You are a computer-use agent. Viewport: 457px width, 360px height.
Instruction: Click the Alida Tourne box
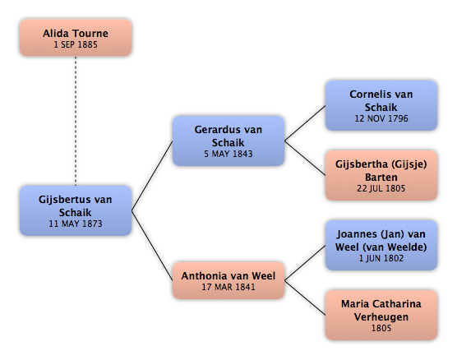point(76,38)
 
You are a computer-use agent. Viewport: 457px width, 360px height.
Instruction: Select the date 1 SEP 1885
point(76,44)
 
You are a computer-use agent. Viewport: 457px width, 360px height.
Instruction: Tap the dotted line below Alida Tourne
point(76,121)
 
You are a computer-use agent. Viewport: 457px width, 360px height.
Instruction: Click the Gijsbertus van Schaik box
point(76,210)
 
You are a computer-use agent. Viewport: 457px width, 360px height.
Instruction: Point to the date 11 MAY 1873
point(76,224)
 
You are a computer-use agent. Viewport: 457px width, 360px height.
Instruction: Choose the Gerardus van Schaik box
point(228,141)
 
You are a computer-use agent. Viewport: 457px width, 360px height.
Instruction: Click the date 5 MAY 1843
point(228,154)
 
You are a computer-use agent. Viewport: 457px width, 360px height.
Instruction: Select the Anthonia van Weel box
point(228,280)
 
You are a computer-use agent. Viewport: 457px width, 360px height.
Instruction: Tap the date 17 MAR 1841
point(228,287)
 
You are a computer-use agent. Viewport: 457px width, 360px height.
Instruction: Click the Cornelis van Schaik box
point(381,105)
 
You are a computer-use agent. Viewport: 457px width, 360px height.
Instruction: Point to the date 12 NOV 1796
point(381,118)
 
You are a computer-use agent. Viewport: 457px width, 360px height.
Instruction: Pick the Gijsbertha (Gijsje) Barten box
point(381,175)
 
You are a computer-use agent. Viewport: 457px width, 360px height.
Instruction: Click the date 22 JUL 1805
point(381,188)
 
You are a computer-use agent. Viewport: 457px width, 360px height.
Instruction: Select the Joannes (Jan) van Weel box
point(381,245)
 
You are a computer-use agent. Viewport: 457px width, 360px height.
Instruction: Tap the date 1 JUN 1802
point(381,258)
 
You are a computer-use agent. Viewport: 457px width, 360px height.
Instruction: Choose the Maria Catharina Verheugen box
point(381,315)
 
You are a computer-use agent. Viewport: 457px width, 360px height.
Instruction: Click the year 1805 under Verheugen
point(381,328)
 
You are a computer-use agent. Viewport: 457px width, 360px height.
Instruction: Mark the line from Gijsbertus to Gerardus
point(152,176)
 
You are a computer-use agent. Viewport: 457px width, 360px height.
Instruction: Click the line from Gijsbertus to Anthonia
point(152,246)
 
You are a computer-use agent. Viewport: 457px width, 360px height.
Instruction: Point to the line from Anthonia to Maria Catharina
point(305,298)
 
